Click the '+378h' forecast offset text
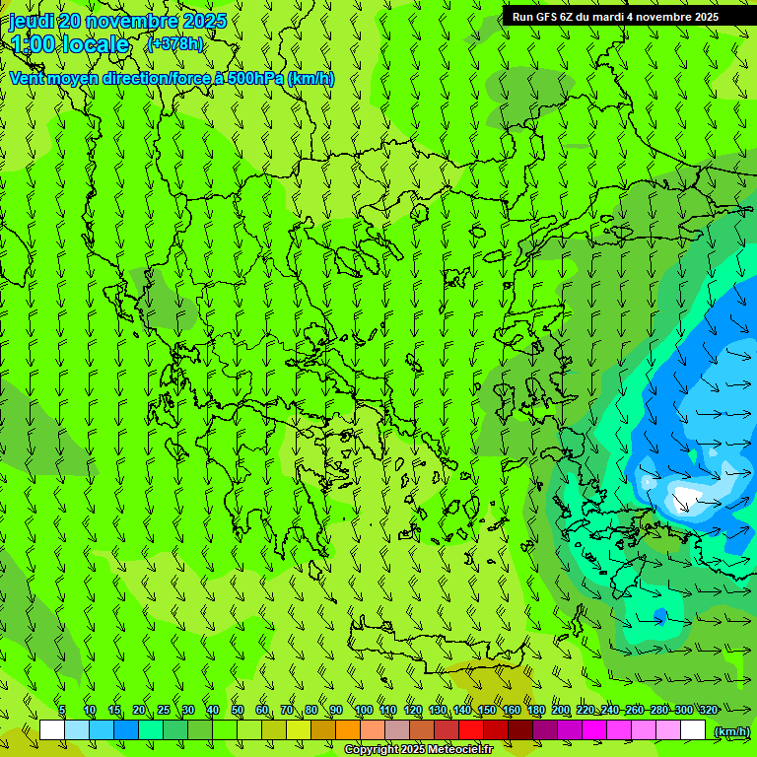[x=175, y=43]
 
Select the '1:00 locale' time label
[x=70, y=44]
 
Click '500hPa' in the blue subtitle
[x=256, y=79]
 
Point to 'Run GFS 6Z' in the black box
[x=543, y=17]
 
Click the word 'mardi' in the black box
[x=619, y=17]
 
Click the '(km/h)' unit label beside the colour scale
[x=730, y=731]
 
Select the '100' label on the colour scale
[x=363, y=711]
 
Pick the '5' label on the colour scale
[x=61, y=711]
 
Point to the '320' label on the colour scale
[x=708, y=711]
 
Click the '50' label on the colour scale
[x=238, y=711]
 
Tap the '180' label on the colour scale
[x=535, y=711]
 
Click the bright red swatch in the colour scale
[x=471, y=730]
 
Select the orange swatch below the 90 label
[x=348, y=730]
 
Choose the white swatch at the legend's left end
[x=52, y=730]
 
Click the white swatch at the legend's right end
[x=693, y=730]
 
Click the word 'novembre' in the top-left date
[x=122, y=21]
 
